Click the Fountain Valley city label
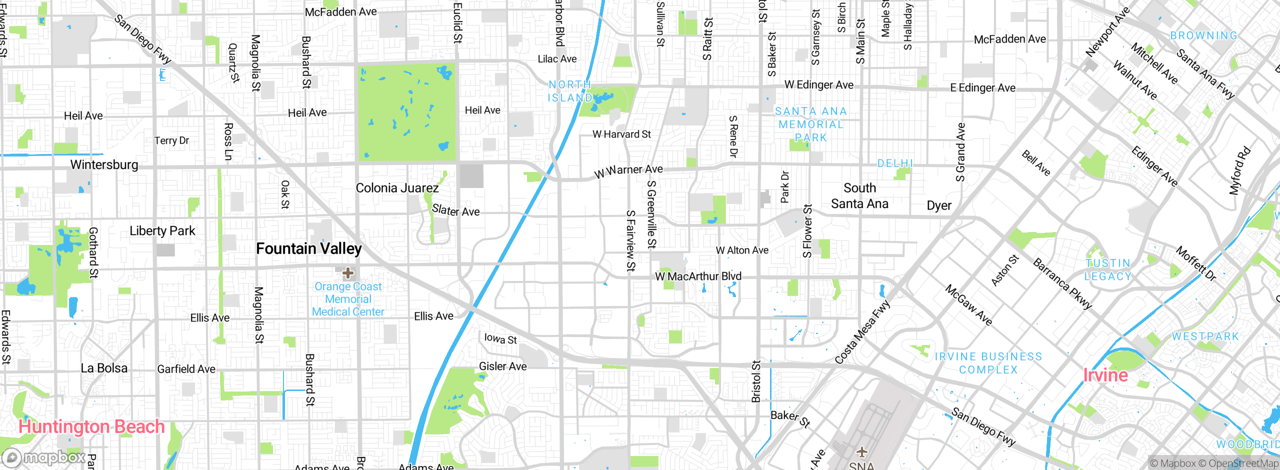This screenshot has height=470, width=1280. (308, 248)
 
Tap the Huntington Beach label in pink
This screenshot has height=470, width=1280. (91, 426)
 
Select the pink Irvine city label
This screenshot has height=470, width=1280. (1105, 375)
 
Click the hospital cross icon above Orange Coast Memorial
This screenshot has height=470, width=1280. (348, 273)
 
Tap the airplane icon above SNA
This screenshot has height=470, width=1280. (861, 452)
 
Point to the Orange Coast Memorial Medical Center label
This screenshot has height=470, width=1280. (348, 299)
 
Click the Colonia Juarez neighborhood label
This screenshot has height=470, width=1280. (397, 188)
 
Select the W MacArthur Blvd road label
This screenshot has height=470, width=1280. (698, 276)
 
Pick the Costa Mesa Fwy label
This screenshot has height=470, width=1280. (862, 332)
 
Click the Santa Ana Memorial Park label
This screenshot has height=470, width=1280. (810, 124)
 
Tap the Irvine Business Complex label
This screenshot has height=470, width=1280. (988, 363)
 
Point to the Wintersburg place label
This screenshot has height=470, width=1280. (104, 164)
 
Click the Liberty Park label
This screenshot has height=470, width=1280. (162, 230)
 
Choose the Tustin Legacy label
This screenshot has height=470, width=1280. (1107, 269)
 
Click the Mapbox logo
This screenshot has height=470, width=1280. (44, 457)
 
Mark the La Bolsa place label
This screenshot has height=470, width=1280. (104, 368)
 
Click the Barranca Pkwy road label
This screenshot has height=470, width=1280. (1062, 283)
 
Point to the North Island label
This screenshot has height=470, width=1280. (570, 91)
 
